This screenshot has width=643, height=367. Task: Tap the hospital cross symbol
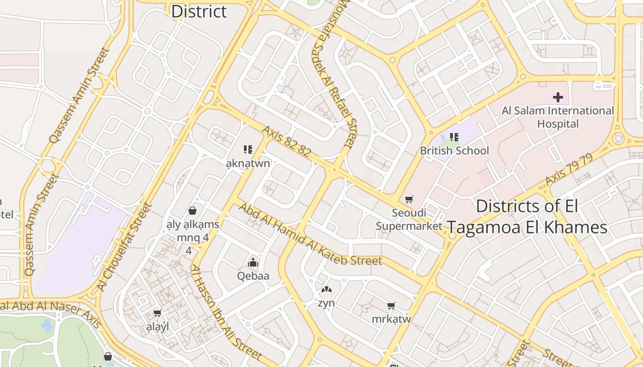point(558,97)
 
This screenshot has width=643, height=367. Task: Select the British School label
point(454,150)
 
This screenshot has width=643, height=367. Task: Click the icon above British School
point(454,137)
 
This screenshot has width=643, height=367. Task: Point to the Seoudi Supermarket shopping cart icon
point(409,199)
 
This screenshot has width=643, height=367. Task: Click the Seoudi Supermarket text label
point(409,219)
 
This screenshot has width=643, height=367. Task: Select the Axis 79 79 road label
point(569,170)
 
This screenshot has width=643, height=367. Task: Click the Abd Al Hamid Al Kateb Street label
point(310,235)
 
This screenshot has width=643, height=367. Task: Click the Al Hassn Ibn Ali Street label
point(226,312)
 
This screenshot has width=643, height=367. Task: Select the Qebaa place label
point(253,276)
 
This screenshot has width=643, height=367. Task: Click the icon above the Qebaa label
point(253,263)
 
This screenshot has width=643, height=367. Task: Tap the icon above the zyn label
point(326,289)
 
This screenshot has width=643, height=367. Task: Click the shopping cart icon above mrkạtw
point(391,306)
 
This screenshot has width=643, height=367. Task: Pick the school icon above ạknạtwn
point(248,149)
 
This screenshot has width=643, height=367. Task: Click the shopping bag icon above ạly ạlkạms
point(192,211)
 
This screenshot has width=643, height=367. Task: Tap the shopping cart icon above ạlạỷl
point(158,313)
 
